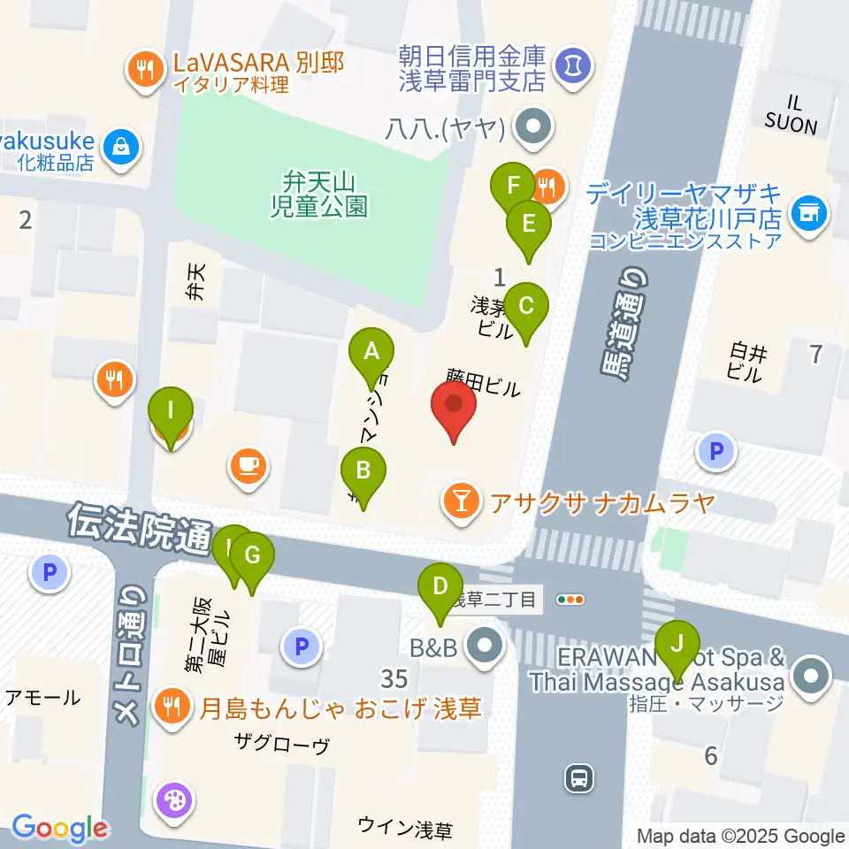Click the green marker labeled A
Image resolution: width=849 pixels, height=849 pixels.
[x=371, y=353]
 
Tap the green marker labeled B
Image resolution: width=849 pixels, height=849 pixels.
[x=363, y=470]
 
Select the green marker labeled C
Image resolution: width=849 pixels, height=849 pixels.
[x=526, y=307]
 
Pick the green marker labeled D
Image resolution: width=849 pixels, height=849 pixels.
[x=440, y=586]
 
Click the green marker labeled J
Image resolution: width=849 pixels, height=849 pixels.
[x=677, y=643]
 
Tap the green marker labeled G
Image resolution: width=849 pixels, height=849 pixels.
[x=252, y=556]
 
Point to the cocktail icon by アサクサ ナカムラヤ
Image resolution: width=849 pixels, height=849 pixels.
[x=460, y=503]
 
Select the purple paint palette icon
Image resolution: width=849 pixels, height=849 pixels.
[x=172, y=801]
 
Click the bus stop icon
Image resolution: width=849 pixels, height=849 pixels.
[x=579, y=778]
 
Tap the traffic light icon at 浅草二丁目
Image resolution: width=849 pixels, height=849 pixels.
[x=571, y=600]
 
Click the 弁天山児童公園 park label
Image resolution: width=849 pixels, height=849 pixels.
[x=319, y=195]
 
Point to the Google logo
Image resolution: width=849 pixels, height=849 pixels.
[x=60, y=828]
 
